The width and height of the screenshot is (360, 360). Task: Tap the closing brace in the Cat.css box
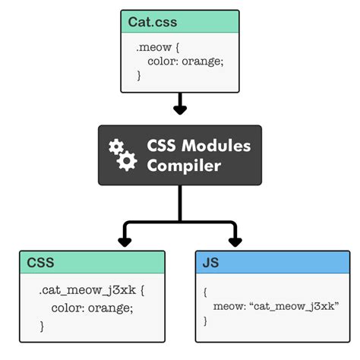click(139, 76)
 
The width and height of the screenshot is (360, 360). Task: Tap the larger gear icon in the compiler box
click(128, 160)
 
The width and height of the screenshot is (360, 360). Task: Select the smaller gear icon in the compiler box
click(116, 146)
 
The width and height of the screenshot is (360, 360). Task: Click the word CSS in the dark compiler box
click(161, 145)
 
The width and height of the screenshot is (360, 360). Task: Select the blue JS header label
click(210, 263)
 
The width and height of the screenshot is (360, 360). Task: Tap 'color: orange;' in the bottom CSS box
click(92, 308)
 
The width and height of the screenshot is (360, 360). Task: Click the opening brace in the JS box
click(206, 290)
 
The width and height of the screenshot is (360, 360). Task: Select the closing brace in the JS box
click(206, 321)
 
